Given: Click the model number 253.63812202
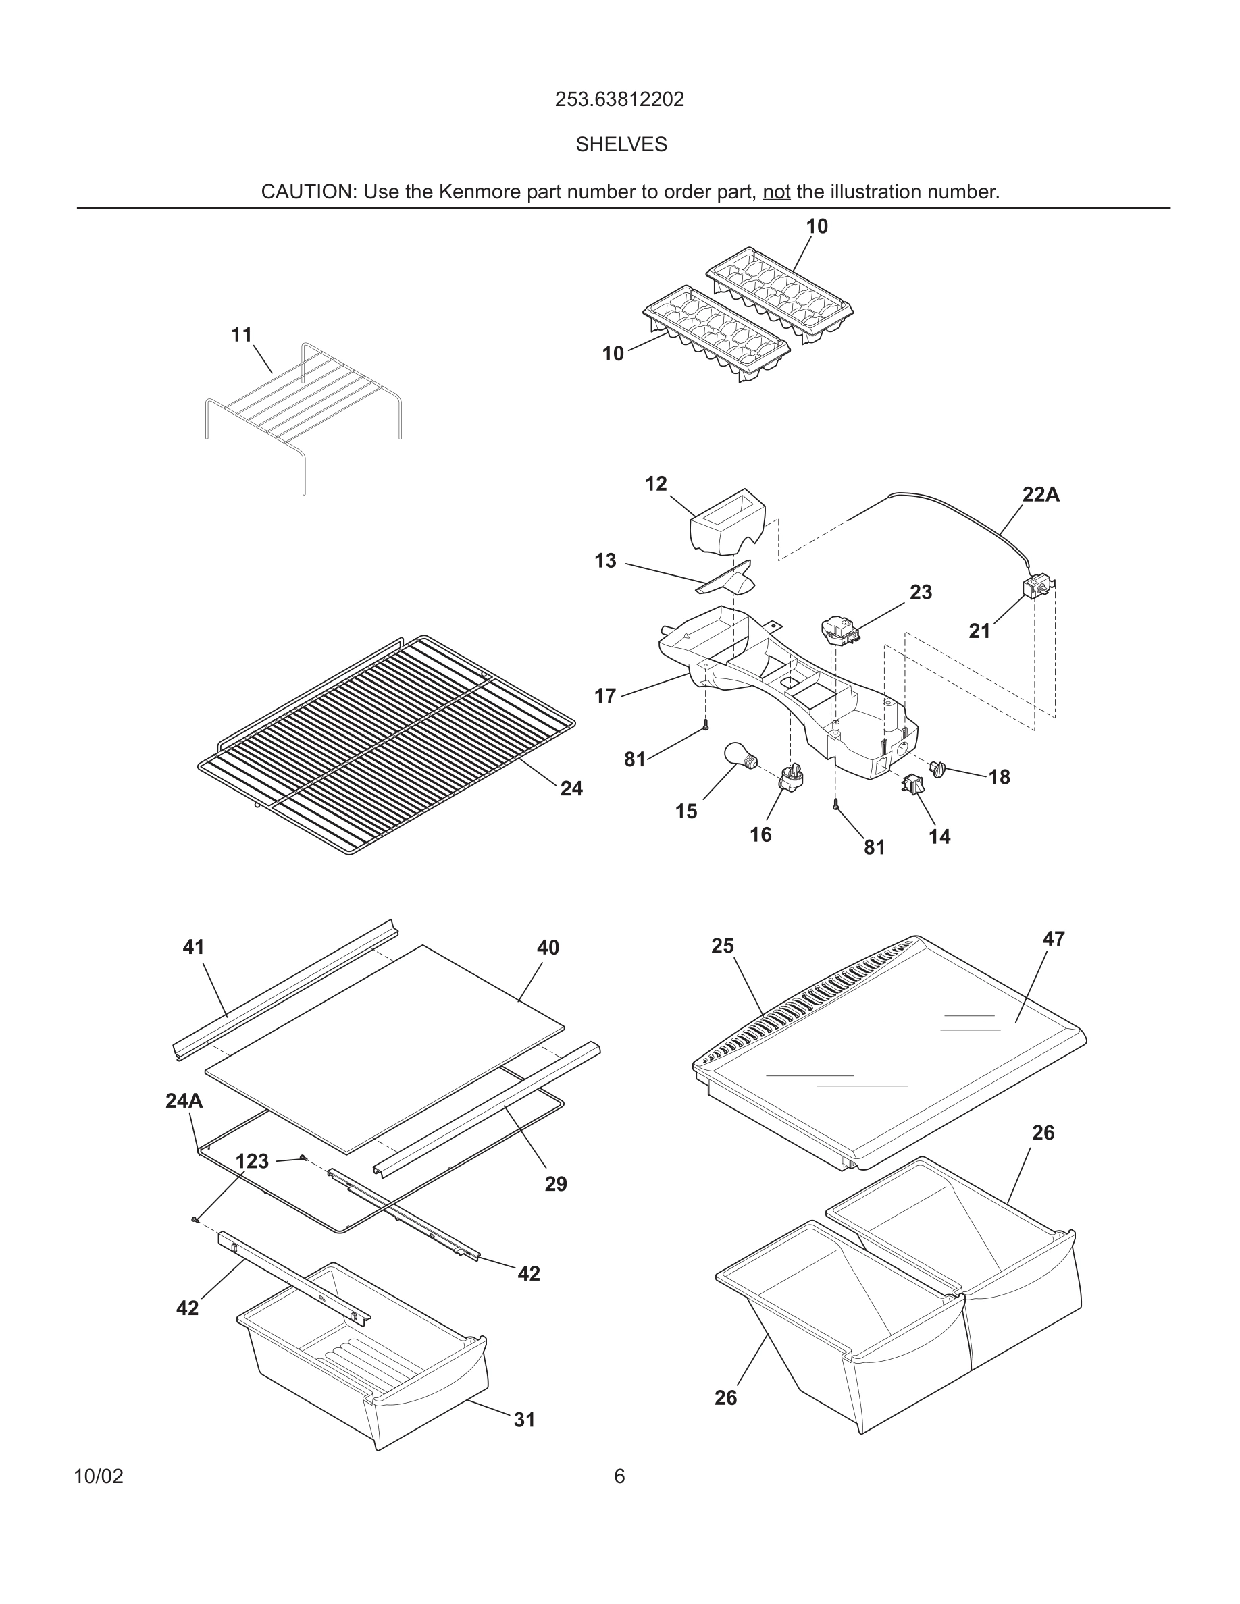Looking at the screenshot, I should [619, 99].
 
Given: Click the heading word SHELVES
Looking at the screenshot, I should [621, 144].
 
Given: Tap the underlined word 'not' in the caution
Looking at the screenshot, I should [776, 192].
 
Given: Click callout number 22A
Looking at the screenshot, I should [1040, 495].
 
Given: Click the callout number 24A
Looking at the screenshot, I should [184, 1101].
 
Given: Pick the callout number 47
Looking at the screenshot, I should [1054, 938].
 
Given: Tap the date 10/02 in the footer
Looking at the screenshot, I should [99, 1476].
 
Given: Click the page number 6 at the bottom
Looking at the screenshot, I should [619, 1476].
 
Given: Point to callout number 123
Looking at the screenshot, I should [252, 1161].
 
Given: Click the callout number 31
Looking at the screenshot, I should [524, 1420].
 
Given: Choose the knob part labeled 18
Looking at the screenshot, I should [938, 770].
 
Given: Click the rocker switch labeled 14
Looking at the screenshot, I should [913, 784].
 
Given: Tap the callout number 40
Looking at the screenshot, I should [547, 947].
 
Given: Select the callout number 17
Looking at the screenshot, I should [604, 695].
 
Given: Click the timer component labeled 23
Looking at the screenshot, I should [839, 629].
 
